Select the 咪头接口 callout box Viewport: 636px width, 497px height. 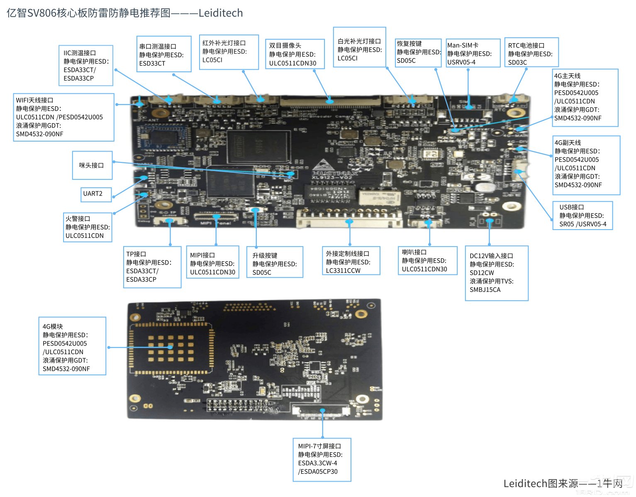[92, 165]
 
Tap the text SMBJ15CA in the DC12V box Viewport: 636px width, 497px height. [485, 290]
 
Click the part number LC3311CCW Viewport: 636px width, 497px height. [343, 271]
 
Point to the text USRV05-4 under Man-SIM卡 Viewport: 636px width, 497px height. [461, 62]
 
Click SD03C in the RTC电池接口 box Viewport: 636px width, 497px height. [517, 63]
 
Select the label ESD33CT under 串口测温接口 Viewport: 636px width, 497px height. [152, 64]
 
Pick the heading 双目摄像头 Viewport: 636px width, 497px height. [285, 46]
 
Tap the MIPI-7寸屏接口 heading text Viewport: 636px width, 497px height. [319, 446]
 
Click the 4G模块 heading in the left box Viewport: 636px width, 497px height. [53, 327]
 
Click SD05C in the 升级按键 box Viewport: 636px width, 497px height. [262, 273]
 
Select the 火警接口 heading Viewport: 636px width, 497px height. [78, 219]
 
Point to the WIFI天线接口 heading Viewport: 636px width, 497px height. [34, 100]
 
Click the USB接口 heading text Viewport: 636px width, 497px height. [571, 207]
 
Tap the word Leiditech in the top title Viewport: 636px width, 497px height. [220, 13]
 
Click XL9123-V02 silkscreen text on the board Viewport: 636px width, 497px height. [332, 178]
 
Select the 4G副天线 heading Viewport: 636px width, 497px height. [568, 143]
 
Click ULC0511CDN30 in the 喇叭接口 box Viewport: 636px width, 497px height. [424, 269]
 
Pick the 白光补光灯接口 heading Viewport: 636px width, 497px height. [359, 42]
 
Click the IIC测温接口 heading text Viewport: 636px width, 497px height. [80, 53]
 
